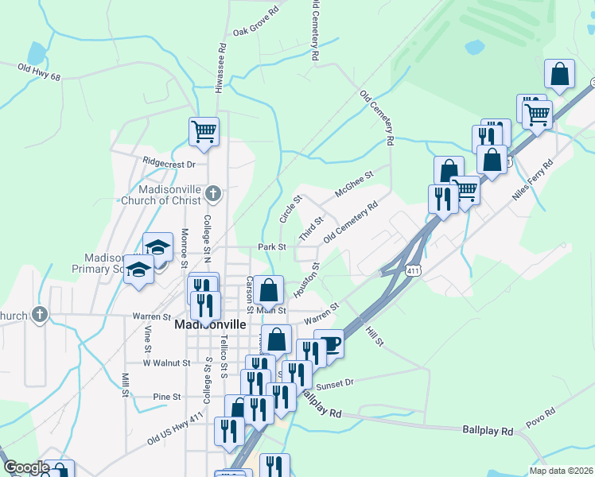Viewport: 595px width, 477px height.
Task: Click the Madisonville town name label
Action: (208, 326)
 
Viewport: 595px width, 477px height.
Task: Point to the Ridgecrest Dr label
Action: (169, 164)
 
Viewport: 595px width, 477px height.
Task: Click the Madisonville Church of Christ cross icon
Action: (212, 192)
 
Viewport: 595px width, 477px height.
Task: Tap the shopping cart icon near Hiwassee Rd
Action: (204, 130)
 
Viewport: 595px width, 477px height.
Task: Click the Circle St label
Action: (289, 210)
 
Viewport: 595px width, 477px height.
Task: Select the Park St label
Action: (271, 247)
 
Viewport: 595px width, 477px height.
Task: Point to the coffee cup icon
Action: (329, 343)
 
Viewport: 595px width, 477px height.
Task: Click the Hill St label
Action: (375, 335)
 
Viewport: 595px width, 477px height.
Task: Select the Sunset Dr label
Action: (334, 383)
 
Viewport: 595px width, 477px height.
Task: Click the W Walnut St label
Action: (166, 363)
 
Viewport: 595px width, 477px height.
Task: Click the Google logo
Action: (26, 467)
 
